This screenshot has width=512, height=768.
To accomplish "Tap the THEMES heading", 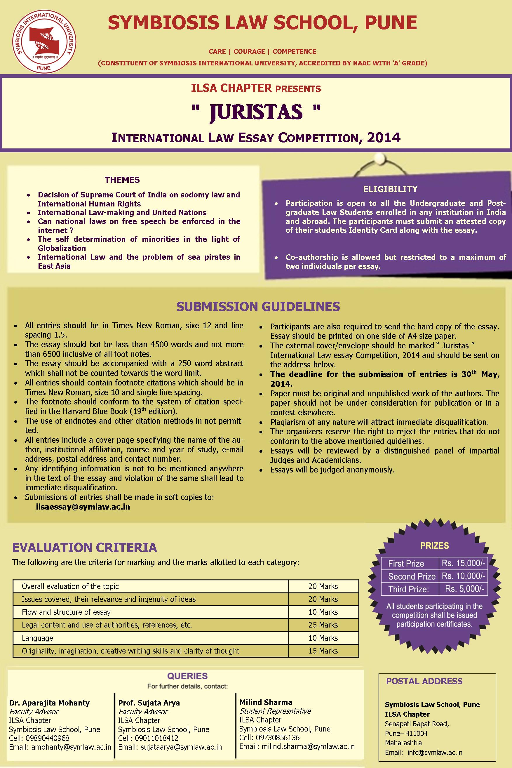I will pyautogui.click(x=122, y=180).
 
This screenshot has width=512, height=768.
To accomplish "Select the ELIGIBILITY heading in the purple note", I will pyautogui.click(x=390, y=189).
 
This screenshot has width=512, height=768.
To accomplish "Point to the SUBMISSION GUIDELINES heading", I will pyautogui.click(x=258, y=306).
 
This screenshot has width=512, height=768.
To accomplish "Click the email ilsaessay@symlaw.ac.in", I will pyautogui.click(x=83, y=507).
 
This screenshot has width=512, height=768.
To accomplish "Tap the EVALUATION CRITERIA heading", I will pyautogui.click(x=85, y=547).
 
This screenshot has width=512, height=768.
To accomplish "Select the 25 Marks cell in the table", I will pyautogui.click(x=323, y=625).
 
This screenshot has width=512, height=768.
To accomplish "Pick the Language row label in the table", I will pyautogui.click(x=37, y=638).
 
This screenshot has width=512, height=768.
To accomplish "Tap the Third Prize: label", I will pyautogui.click(x=408, y=589).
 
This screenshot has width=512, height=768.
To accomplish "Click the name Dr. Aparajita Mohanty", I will pyautogui.click(x=49, y=703).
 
